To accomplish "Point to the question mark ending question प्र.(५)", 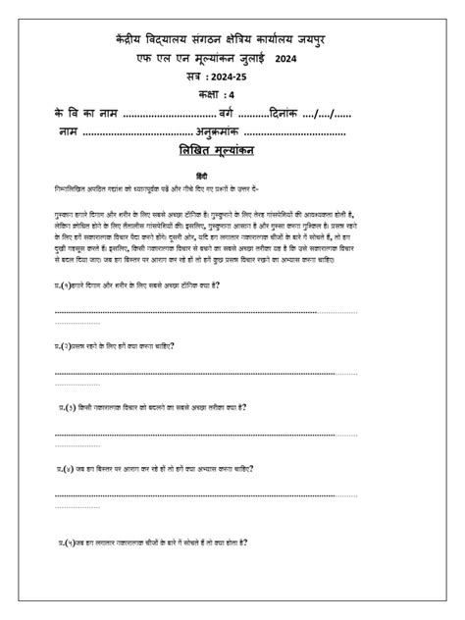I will [x=246, y=541].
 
